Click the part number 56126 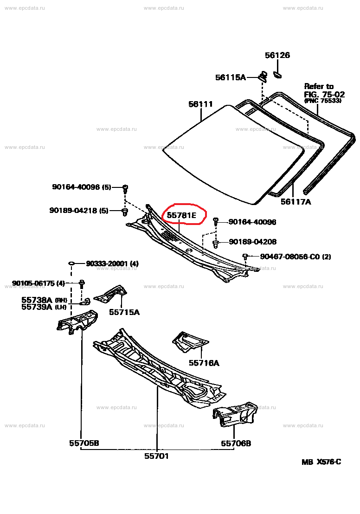[x=277, y=55]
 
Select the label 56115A [x=230, y=77]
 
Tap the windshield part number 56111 [x=200, y=104]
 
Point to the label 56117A [x=296, y=202]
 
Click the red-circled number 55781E [x=182, y=215]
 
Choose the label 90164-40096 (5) [x=82, y=187]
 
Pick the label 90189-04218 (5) [x=79, y=210]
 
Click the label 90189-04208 [x=252, y=242]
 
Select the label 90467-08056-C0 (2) [x=295, y=257]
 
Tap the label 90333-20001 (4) [x=112, y=264]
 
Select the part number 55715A [x=124, y=312]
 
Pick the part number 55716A [x=204, y=363]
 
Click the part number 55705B [x=84, y=443]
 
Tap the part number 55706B [x=236, y=443]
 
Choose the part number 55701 [x=156, y=456]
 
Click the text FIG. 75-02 [x=324, y=94]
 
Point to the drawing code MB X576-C [x=321, y=462]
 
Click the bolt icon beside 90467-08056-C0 [x=245, y=256]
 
